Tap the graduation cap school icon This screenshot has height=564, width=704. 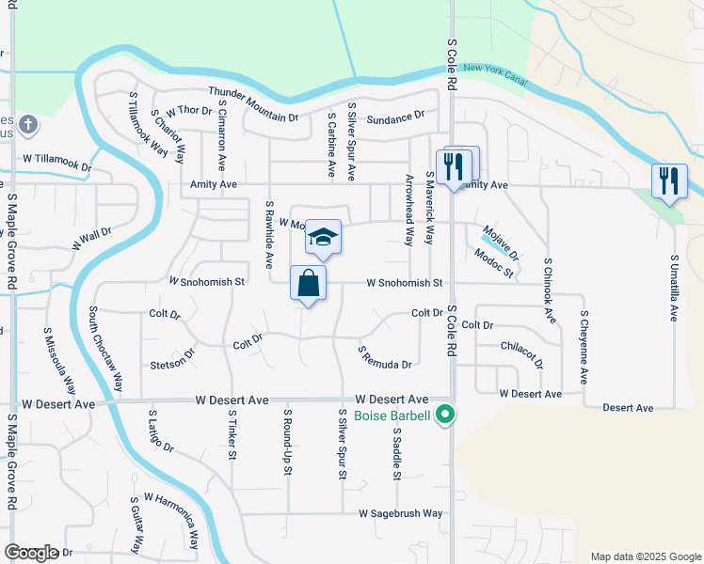pos(322,239)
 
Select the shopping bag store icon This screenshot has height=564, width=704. pos(309,283)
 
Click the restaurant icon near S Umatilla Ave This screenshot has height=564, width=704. pos(669,180)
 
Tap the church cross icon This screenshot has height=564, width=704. pos(29,123)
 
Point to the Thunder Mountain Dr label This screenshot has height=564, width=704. pos(253,104)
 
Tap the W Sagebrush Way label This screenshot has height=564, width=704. pos(400,513)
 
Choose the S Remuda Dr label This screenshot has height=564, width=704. pos(385,357)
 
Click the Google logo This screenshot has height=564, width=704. pos(31,553)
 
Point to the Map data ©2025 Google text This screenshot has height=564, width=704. pos(645,556)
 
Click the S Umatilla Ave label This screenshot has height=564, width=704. pos(674,288)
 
